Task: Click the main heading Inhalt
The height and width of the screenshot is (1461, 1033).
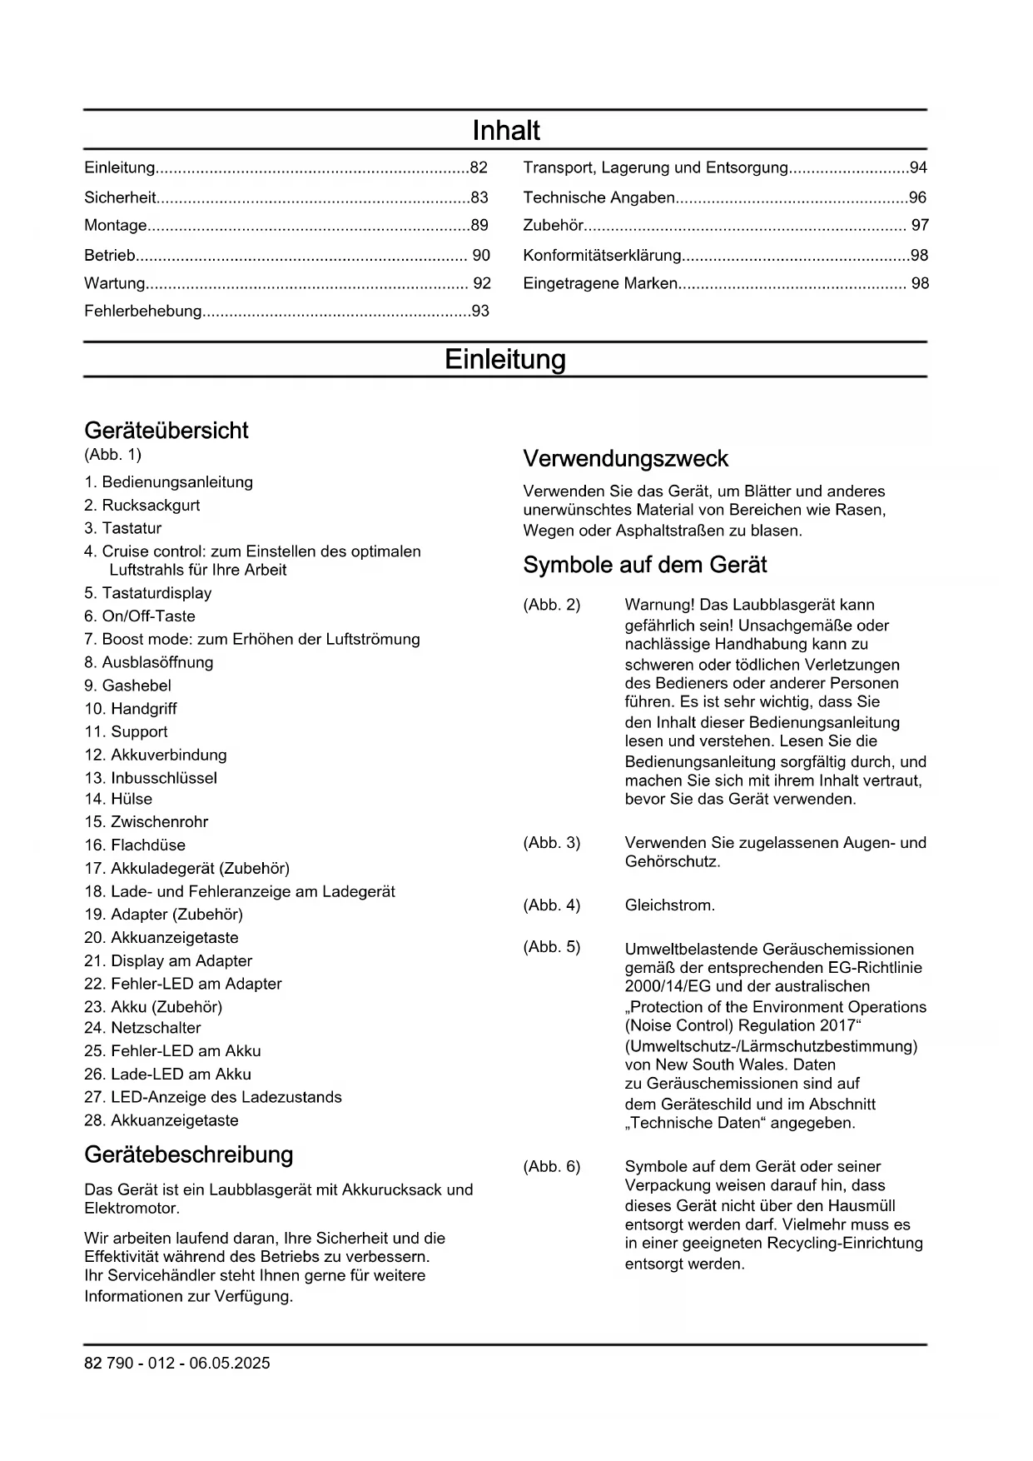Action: click(x=505, y=131)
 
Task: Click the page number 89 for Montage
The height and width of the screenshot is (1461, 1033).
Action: click(x=479, y=226)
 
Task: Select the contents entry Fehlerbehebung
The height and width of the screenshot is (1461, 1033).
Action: click(x=143, y=312)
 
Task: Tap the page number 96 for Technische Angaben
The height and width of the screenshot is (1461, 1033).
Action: click(x=917, y=198)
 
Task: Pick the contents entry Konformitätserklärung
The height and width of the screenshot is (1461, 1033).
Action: click(x=602, y=256)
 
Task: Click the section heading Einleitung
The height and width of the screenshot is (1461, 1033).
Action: click(x=504, y=360)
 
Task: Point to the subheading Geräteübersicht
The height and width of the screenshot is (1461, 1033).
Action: click(x=166, y=431)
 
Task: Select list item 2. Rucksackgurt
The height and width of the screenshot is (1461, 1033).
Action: click(x=142, y=506)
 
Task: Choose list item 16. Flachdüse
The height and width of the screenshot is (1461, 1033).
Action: click(x=135, y=845)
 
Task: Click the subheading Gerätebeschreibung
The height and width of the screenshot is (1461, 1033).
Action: click(x=189, y=1155)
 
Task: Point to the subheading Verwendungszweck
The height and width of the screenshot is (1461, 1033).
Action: click(x=625, y=459)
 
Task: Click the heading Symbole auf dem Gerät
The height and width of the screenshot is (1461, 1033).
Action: click(x=644, y=566)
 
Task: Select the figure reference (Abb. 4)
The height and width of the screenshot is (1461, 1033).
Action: click(x=551, y=905)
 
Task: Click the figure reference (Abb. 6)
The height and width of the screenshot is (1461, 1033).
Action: click(x=551, y=1167)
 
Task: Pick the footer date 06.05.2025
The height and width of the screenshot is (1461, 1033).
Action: click(x=229, y=1364)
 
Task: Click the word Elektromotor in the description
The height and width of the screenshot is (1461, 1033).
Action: click(x=132, y=1209)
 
